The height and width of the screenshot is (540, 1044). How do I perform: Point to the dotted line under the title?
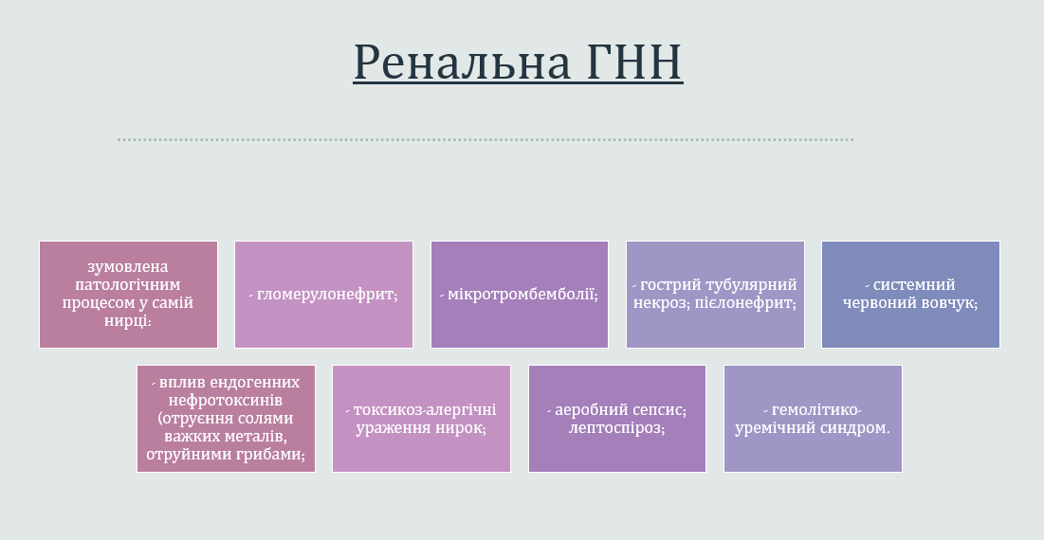click(x=485, y=139)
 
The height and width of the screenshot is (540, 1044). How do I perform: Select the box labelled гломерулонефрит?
click(x=323, y=295)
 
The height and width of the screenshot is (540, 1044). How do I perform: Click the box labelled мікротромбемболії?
click(x=520, y=295)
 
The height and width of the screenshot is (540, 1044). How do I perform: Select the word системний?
click(x=913, y=285)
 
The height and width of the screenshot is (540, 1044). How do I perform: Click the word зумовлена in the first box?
click(x=128, y=267)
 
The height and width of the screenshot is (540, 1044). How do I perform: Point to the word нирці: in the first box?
click(x=128, y=321)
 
